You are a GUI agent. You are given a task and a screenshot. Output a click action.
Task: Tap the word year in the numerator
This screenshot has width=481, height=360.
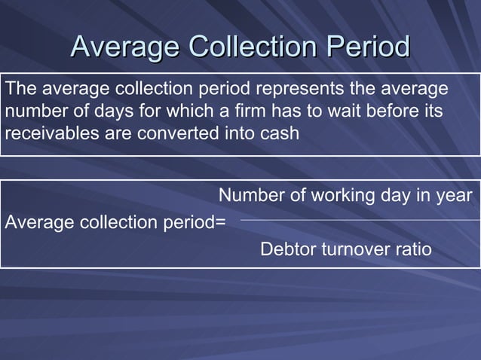(x=455, y=195)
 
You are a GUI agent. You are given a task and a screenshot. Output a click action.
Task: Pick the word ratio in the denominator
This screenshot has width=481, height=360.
(x=413, y=249)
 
